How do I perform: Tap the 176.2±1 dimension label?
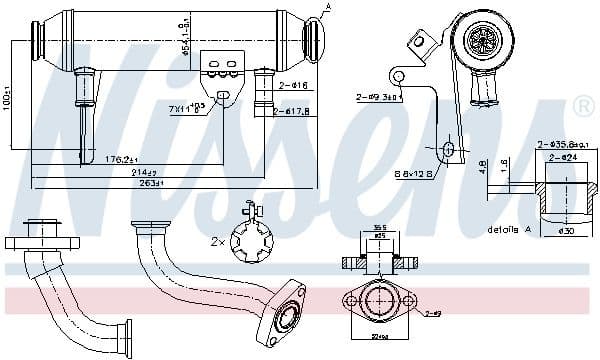[124, 158]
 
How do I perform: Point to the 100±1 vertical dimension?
[9, 100]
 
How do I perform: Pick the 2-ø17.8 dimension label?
[294, 112]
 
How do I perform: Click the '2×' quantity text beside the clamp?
[215, 242]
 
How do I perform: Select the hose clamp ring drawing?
[250, 239]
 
